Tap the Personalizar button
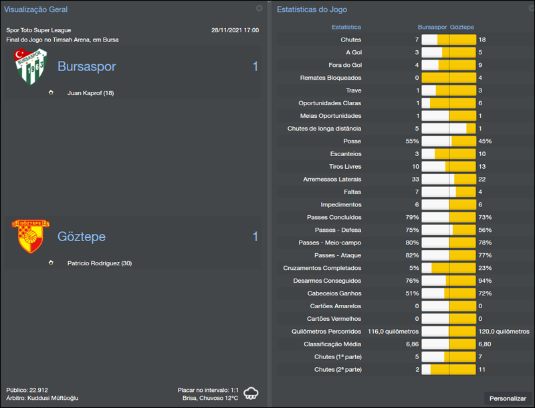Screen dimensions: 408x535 (508, 398)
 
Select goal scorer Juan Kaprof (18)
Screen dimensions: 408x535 (90, 93)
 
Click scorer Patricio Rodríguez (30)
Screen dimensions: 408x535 (100, 263)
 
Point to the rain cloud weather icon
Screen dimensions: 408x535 (251, 393)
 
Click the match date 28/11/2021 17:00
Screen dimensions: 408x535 (235, 30)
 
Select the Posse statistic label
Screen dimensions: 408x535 (352, 141)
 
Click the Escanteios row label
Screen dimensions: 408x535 (345, 154)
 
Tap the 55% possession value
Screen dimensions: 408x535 (412, 141)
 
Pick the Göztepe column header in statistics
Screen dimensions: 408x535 (462, 27)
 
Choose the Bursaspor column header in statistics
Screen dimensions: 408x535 (432, 27)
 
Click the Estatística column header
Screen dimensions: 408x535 (346, 27)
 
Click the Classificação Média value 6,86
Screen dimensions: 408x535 (411, 344)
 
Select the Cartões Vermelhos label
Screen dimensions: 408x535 (334, 319)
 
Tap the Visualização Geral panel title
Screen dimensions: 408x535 (35, 9)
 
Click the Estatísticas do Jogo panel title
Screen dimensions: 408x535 (312, 9)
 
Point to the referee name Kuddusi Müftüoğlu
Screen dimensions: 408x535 (53, 398)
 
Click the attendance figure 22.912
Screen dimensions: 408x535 (38, 389)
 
